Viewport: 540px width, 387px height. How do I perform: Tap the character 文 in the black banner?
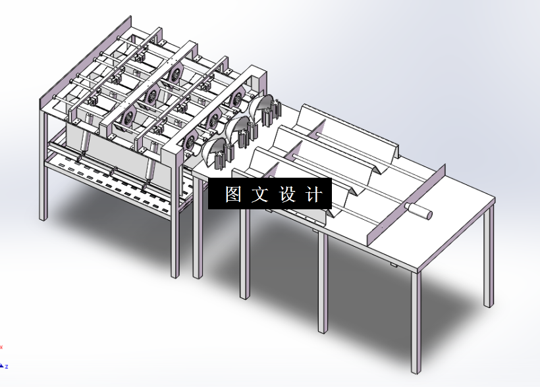coord(261,195)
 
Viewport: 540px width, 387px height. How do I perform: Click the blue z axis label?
coord(6,366)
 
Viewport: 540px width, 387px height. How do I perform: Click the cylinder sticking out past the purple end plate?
coord(419,211)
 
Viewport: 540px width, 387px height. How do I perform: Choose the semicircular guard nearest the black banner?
coord(217,152)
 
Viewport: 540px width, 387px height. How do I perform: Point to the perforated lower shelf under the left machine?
coord(112,181)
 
